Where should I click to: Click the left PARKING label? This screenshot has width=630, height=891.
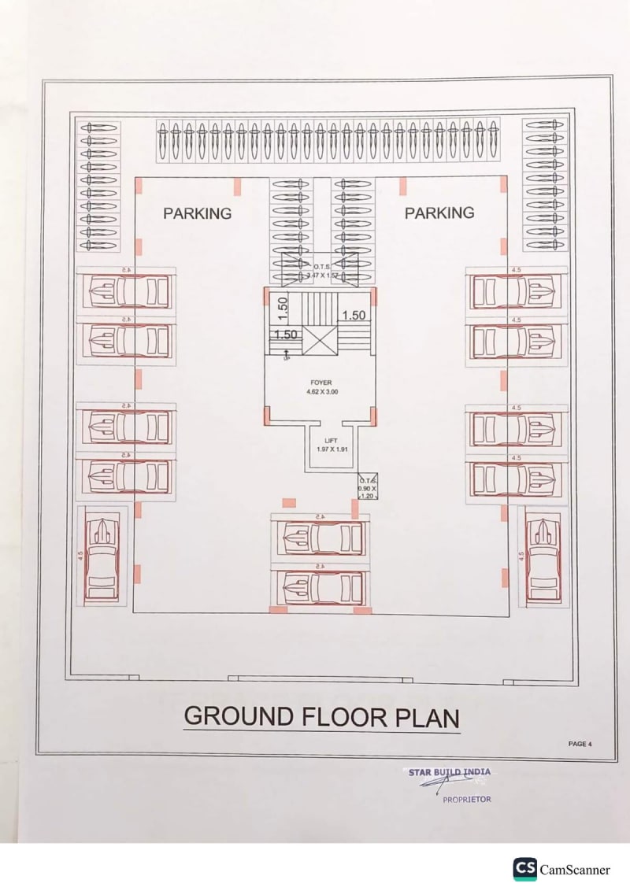197,213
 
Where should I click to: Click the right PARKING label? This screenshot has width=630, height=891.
439,213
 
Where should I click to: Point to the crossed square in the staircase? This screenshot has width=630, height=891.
320,339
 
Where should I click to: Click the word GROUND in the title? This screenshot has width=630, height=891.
238,717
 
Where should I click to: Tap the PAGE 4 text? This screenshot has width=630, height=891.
579,743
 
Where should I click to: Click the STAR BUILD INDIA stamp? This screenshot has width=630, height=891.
449,773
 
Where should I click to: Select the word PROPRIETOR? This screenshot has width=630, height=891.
466,799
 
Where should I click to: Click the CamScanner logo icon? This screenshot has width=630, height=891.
524,869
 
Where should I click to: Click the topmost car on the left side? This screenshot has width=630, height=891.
126,292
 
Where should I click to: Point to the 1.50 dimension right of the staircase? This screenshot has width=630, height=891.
354,315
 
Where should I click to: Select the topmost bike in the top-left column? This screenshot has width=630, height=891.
98,128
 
